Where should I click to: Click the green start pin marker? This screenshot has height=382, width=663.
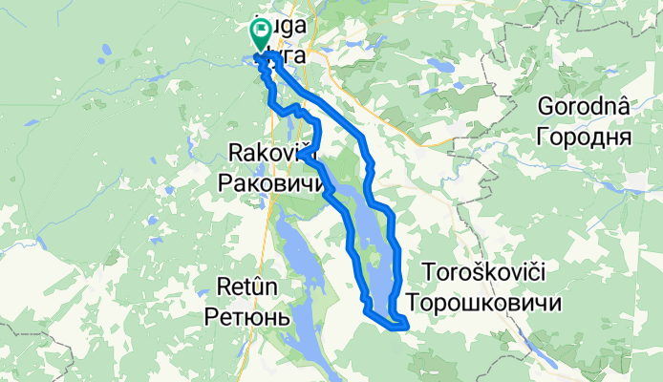[x=260, y=33]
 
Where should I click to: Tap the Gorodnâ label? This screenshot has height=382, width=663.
[x=585, y=107]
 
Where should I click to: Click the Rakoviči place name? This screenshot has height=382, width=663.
[x=272, y=152]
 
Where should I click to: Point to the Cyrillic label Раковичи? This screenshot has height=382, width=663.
[x=271, y=181]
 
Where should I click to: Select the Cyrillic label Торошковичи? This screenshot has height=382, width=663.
[x=482, y=302]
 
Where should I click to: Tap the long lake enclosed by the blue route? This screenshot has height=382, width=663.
[x=374, y=239]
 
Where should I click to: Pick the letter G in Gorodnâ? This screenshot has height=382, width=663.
[x=547, y=107]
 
